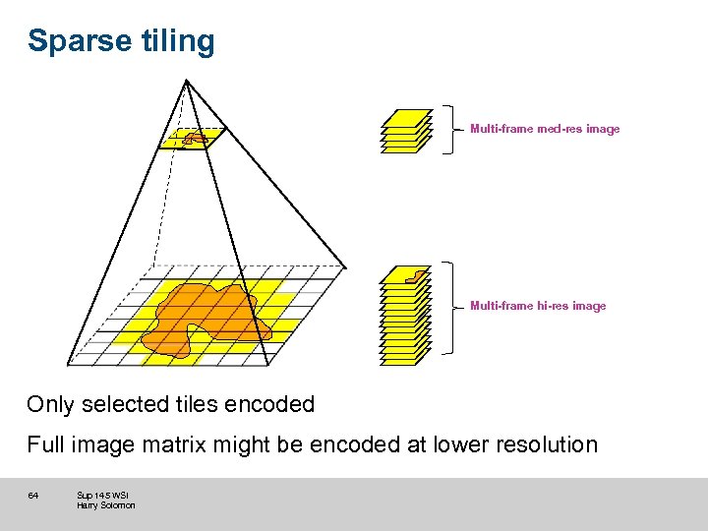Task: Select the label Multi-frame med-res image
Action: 545,129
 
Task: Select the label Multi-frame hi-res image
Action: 538,306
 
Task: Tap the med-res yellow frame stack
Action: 406,132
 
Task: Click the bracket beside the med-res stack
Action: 450,129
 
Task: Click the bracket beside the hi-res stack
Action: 450,306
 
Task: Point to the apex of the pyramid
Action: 184,81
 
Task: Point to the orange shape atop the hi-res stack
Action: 418,275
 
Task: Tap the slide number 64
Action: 32,495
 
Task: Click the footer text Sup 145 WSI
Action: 102,495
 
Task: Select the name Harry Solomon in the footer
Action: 106,505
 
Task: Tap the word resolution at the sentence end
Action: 546,444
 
